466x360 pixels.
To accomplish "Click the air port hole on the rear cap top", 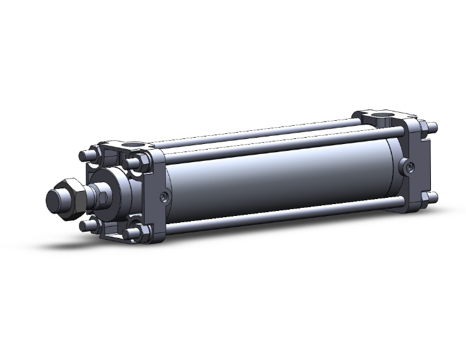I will click(384, 116).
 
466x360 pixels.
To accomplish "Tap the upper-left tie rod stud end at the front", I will click(85, 154).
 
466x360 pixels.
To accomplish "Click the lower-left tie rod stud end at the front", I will click(86, 223).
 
